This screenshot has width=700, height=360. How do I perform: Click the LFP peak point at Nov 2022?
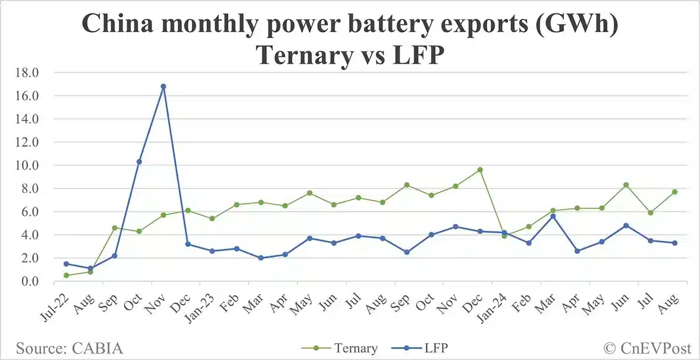(163, 86)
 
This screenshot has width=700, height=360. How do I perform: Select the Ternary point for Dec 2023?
(480, 170)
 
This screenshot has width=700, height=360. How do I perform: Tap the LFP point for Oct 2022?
(139, 162)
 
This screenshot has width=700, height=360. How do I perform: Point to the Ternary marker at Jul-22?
(66, 275)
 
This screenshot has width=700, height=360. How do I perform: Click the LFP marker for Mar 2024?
(553, 216)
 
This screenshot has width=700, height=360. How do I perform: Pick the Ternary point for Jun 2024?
(626, 185)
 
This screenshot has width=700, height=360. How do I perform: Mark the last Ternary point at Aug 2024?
(675, 192)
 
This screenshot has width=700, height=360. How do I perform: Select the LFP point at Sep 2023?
(407, 252)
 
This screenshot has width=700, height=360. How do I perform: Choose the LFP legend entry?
(435, 348)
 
